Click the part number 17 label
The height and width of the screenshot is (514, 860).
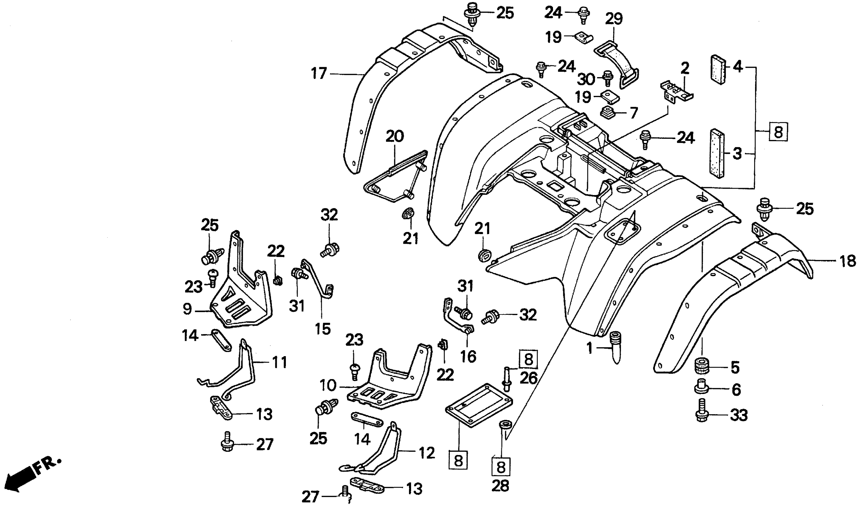coord(319,73)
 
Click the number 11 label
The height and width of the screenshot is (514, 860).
coord(279,362)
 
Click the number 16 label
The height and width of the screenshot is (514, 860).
coord(468,357)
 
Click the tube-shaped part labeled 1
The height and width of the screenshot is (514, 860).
coord(615,346)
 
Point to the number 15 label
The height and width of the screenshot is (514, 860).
coord(322,328)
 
